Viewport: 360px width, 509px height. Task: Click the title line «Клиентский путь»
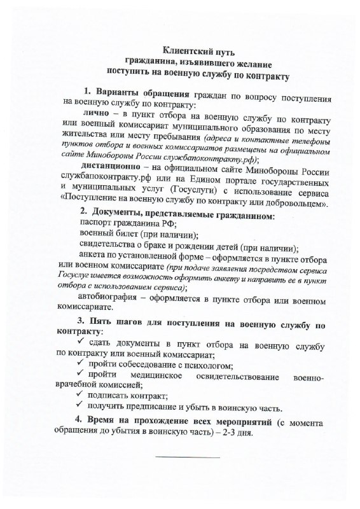pyautogui.click(x=199, y=50)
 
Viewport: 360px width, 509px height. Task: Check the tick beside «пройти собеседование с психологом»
pyautogui.click(x=80, y=365)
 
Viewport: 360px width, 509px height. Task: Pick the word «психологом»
pyautogui.click(x=209, y=366)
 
